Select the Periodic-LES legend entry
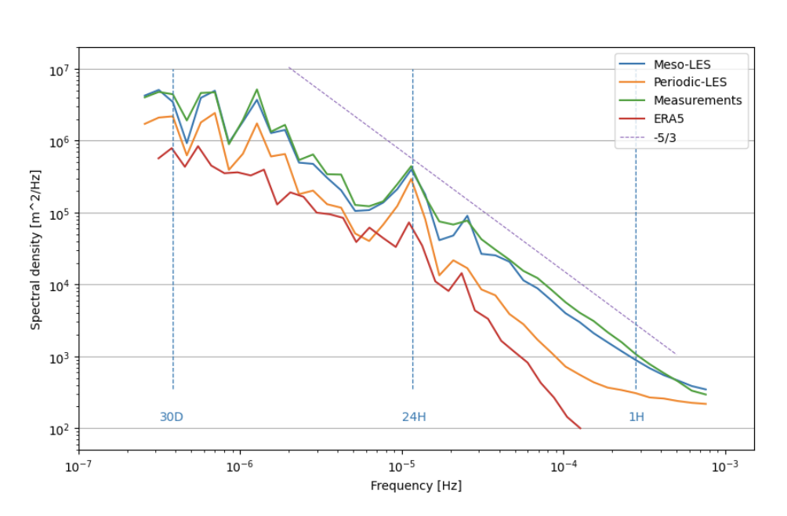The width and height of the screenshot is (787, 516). [690, 82]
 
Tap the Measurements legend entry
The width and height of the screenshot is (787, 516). [697, 100]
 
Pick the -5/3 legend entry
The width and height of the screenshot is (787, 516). [665, 136]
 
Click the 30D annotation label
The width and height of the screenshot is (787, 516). [172, 417]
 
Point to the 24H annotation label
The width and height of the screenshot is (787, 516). [414, 417]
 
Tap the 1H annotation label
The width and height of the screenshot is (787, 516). [636, 417]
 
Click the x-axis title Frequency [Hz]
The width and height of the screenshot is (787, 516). [416, 485]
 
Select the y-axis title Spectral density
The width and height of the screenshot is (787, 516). [36, 249]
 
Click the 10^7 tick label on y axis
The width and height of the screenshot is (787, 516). [59, 70]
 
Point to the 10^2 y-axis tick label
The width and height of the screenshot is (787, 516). [59, 429]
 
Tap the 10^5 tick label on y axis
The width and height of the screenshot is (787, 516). [59, 213]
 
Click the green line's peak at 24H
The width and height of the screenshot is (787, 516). [412, 165]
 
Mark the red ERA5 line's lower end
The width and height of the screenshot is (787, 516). [580, 428]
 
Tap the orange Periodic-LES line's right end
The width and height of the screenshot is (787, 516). [706, 404]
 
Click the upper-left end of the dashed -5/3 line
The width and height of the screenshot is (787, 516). [288, 67]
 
